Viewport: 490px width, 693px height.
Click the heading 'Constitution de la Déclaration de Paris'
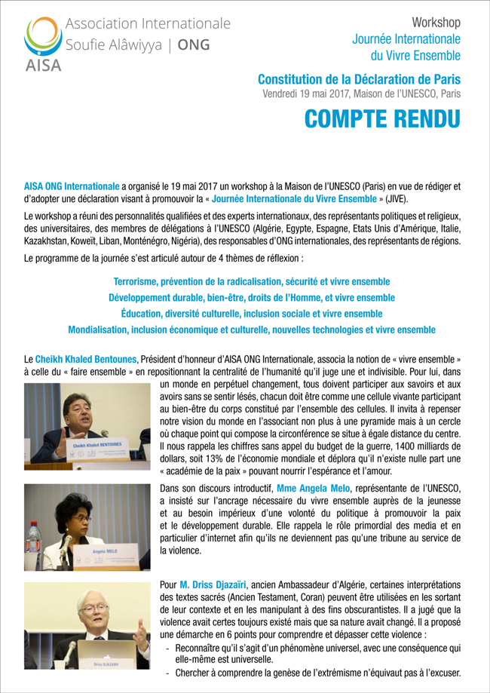359,78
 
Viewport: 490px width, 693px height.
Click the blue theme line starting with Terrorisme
251,281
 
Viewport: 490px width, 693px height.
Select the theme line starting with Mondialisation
251,330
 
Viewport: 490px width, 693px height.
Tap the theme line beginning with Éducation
251,314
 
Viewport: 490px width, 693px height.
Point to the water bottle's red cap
33,529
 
